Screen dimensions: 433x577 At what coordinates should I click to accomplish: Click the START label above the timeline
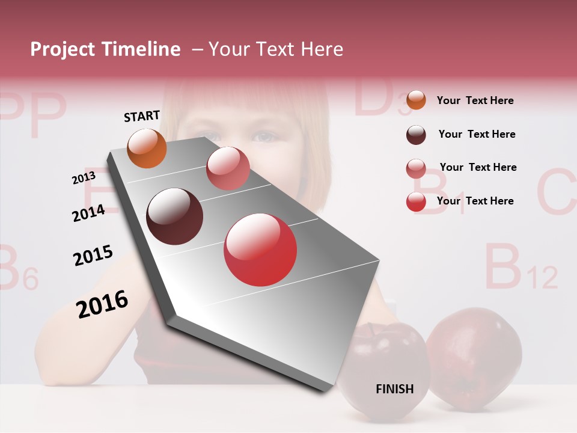[142, 116]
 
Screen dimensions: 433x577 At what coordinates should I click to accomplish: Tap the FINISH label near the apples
[395, 389]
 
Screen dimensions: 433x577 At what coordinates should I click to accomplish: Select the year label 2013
[84, 178]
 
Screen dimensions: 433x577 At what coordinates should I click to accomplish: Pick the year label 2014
[89, 213]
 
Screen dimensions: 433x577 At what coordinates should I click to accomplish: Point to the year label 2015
[93, 256]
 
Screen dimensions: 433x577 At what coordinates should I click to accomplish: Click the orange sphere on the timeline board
[147, 148]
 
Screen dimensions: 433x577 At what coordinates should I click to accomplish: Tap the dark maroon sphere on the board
[175, 216]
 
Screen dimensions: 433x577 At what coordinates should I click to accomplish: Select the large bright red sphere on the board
[260, 250]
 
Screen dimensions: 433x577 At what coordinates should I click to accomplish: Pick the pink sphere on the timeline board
[228, 168]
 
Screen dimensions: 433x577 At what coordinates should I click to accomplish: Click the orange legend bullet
[416, 100]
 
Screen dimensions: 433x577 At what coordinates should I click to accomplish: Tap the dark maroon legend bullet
[416, 135]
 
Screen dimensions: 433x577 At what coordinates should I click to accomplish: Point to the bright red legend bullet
[416, 202]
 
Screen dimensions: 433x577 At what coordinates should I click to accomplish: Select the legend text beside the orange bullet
[475, 100]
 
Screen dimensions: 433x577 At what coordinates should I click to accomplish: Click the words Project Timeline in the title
[105, 49]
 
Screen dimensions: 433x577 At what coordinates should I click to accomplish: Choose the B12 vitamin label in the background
[520, 267]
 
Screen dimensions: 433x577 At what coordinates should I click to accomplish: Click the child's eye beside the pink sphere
[263, 138]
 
